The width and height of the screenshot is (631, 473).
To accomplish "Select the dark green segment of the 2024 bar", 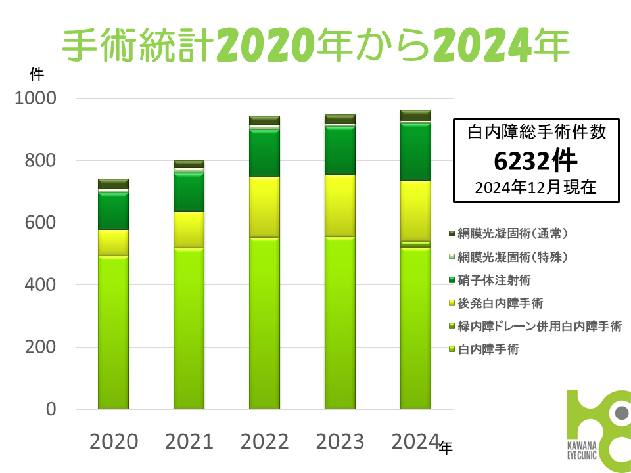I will [x=415, y=152].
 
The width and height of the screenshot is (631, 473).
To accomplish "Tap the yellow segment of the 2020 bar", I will [x=113, y=242].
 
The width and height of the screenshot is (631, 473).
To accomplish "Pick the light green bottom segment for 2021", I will [x=189, y=328].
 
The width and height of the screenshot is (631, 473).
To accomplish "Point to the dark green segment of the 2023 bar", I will [x=340, y=150].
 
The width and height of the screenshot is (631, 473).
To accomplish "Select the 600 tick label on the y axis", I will [x=41, y=223].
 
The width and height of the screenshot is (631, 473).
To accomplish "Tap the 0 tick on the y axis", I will [x=51, y=410].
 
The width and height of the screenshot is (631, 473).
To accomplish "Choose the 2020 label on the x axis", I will [x=114, y=441].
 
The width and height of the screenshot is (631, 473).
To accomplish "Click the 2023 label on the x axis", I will [x=340, y=441].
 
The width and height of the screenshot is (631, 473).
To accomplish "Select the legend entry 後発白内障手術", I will [x=501, y=303].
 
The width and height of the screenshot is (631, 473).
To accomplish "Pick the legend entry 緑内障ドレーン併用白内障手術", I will [x=539, y=326].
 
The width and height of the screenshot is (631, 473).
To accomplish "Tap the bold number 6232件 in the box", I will [x=536, y=160].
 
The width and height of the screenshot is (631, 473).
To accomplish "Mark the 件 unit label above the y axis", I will [x=35, y=73].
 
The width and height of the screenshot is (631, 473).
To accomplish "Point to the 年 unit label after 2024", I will [x=446, y=447].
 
